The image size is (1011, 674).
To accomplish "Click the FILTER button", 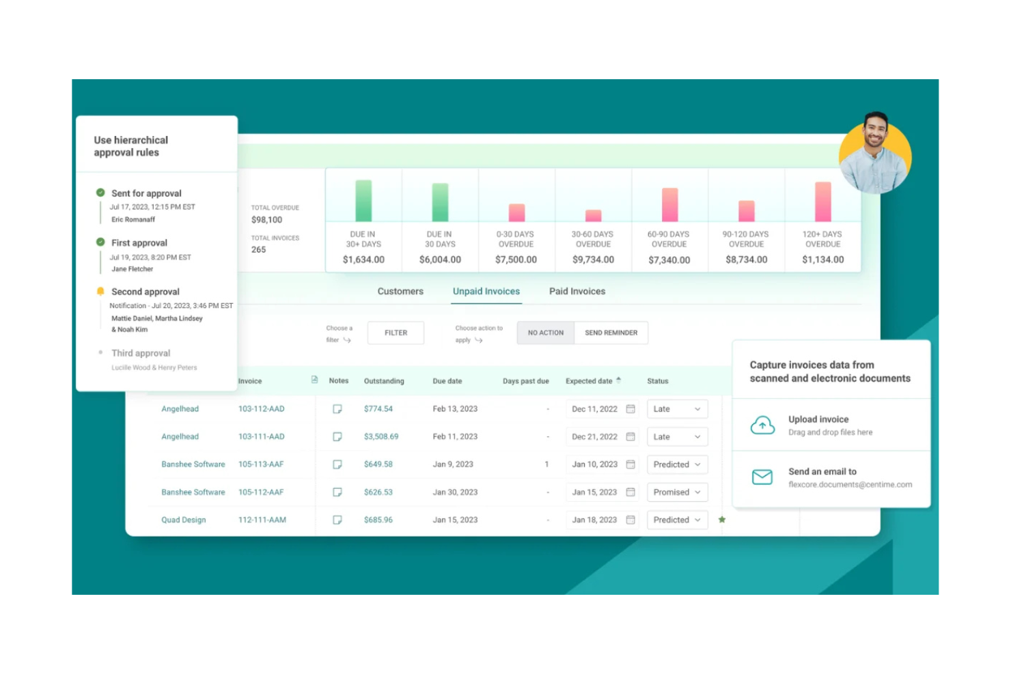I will click(396, 333).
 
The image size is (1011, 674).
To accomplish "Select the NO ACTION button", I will click(545, 333).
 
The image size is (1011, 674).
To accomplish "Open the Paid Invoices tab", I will click(577, 291).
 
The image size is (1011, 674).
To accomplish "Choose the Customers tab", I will click(400, 291).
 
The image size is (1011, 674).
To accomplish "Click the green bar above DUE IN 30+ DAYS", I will click(363, 201).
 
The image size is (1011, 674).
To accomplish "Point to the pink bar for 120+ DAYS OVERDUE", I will click(822, 201).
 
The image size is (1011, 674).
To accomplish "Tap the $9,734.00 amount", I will click(593, 259).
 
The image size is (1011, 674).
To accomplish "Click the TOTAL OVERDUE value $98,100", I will click(266, 220).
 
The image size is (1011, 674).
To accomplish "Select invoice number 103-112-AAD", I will click(261, 409).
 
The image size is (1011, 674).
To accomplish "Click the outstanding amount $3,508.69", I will click(381, 436).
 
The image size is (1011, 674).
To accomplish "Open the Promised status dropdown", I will click(677, 492).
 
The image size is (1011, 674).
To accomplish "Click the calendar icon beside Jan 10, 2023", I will click(631, 464).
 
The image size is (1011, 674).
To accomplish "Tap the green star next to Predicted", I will click(722, 520).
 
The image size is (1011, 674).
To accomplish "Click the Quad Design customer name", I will click(183, 520).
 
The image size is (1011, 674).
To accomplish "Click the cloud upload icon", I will click(762, 425).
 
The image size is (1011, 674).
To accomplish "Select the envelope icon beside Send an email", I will click(762, 477).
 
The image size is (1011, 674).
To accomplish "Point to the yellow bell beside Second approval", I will click(100, 292).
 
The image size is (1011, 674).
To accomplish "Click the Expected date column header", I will click(589, 381).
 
